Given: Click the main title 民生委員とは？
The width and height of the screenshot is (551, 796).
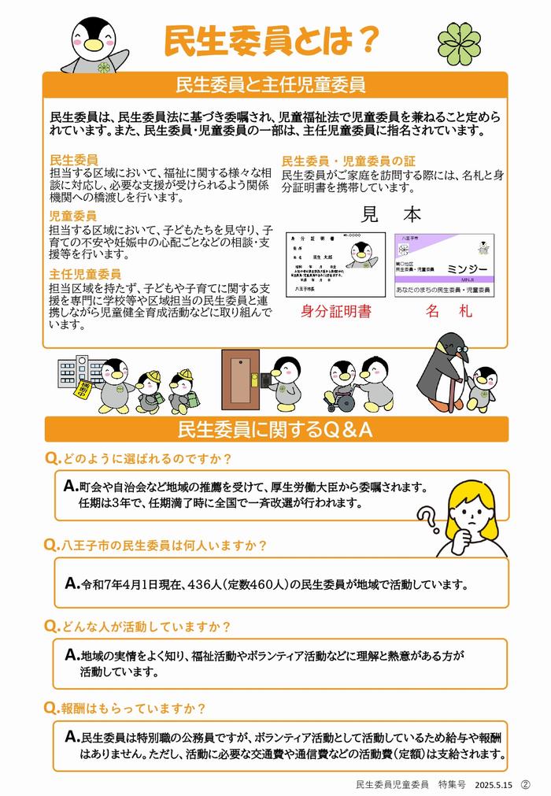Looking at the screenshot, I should [x=272, y=40].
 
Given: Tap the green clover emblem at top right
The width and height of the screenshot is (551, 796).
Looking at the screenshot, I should [x=460, y=40].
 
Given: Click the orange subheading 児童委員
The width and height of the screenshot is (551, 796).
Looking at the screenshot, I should [x=73, y=215].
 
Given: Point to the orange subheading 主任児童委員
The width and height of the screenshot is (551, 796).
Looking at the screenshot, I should [x=85, y=273].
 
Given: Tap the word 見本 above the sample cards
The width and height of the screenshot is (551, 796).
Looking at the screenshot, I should [x=391, y=214].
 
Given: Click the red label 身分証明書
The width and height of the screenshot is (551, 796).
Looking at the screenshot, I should [x=335, y=311].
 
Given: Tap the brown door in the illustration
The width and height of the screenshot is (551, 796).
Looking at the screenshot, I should [x=240, y=379].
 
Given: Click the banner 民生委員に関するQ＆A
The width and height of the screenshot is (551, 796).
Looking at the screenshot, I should [x=275, y=430].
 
